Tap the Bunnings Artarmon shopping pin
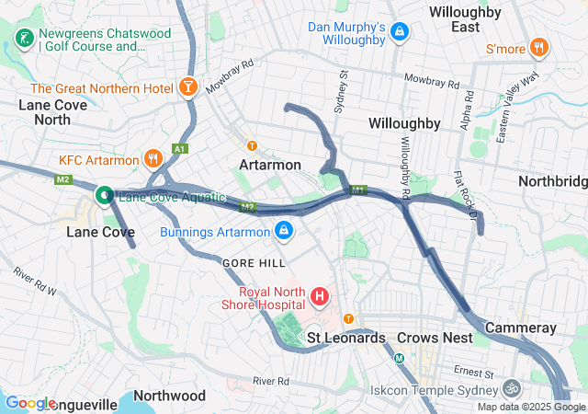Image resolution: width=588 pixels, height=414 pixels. pyautogui.click(x=285, y=230)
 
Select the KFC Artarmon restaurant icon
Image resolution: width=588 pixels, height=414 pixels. pyautogui.click(x=153, y=160)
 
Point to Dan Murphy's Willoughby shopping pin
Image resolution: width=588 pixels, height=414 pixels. pyautogui.click(x=399, y=33)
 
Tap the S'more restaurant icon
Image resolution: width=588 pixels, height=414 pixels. pyautogui.click(x=539, y=47)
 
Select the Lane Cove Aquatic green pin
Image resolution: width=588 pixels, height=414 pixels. pyautogui.click(x=105, y=195)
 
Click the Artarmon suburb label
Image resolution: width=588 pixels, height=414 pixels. pyautogui.click(x=269, y=165)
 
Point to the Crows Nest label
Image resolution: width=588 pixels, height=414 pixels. pyautogui.click(x=435, y=338)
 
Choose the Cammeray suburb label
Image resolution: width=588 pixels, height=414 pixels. pyautogui.click(x=520, y=328)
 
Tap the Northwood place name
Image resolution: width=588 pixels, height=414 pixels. pyautogui.click(x=169, y=396)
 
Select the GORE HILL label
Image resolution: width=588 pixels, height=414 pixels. pyautogui.click(x=248, y=262)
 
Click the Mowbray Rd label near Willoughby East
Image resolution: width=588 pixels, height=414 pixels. pyautogui.click(x=424, y=80)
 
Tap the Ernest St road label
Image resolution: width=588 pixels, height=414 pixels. pyautogui.click(x=478, y=373)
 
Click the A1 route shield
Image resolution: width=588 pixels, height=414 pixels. pyautogui.click(x=179, y=149)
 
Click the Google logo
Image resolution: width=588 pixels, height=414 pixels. pyautogui.click(x=30, y=403)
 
